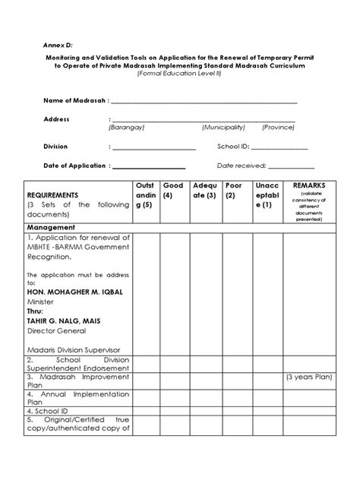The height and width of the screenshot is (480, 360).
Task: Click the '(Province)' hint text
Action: [x=279, y=128]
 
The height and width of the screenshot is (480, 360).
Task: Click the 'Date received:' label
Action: [x=242, y=166]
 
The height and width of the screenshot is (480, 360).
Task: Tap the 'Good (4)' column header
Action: [x=173, y=190]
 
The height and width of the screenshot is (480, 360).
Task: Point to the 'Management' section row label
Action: [x=51, y=227]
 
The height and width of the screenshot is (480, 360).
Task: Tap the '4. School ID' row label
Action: [x=49, y=411]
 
